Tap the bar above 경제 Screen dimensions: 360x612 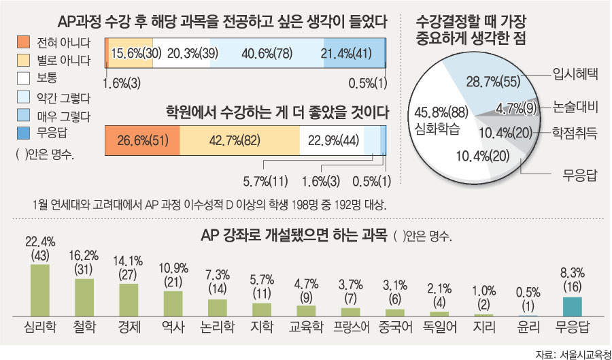coord(129,300)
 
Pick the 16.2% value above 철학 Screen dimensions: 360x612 coord(84,259)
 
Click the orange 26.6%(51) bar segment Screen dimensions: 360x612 coord(143,142)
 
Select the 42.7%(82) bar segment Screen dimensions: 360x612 coord(239,142)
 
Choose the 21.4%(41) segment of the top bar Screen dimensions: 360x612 coord(351,53)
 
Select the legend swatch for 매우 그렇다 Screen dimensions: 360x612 coord(23,116)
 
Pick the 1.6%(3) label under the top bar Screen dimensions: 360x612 coord(123,84)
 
